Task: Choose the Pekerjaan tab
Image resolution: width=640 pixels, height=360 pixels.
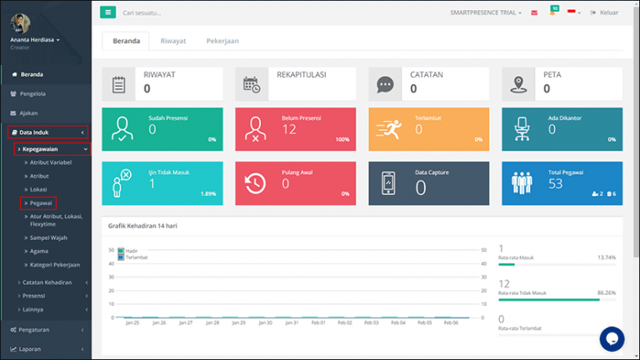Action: [x=223, y=41]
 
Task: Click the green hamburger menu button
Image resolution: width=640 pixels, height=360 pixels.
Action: [x=108, y=12]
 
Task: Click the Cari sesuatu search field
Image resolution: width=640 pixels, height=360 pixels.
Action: [x=167, y=12]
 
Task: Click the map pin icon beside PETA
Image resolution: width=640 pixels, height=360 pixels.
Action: [x=520, y=83]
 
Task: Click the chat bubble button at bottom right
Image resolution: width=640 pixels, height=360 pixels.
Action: [x=612, y=338]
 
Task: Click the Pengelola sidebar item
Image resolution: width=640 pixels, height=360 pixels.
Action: [x=34, y=93]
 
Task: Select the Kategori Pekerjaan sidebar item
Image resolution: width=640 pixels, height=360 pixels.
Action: [x=55, y=265]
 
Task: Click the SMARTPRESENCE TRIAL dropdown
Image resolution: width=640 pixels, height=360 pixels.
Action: [x=486, y=12]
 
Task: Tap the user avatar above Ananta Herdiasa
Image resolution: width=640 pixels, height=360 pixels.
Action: [x=17, y=22]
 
